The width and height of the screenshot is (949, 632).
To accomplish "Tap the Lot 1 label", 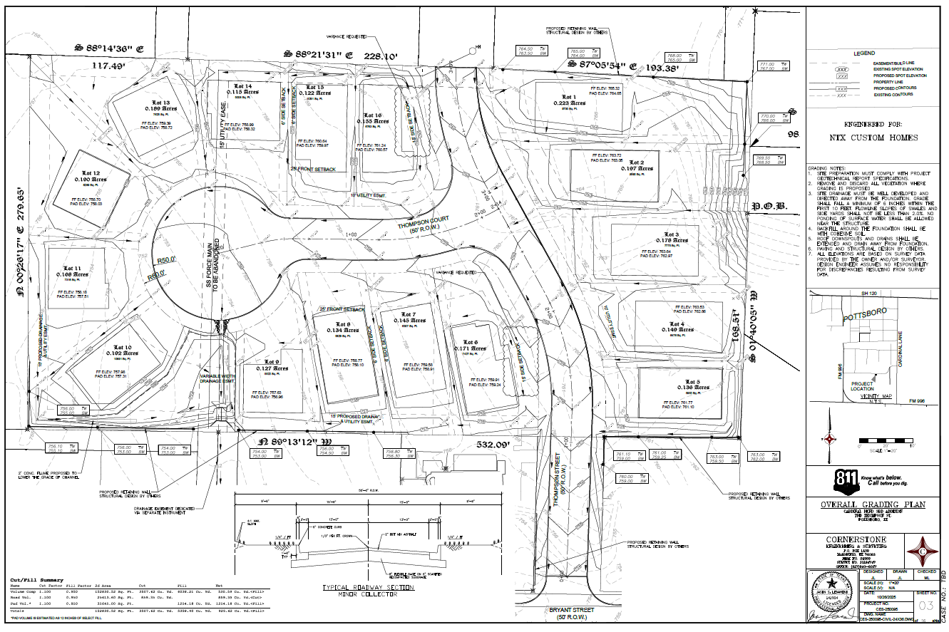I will coord(568,97).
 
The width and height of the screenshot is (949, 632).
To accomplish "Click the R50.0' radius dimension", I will coord(167,261).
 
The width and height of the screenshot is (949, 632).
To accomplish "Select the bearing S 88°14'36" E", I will coord(110,49).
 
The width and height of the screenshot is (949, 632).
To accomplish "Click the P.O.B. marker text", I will coord(769,207).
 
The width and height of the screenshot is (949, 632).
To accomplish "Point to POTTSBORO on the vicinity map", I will coord(865,315).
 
